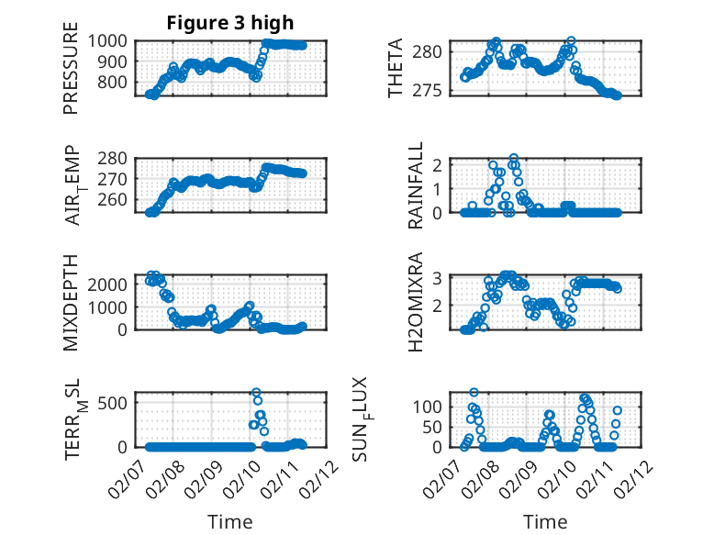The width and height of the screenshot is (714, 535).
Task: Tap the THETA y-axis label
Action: (x=396, y=68)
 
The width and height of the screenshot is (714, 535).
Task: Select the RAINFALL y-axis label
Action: (x=416, y=185)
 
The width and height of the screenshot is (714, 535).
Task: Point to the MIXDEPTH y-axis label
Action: (x=71, y=302)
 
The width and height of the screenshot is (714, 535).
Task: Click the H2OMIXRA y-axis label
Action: (x=416, y=302)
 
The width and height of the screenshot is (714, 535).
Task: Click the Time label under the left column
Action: (x=230, y=521)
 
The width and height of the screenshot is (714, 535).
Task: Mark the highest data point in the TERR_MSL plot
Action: (x=256, y=393)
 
